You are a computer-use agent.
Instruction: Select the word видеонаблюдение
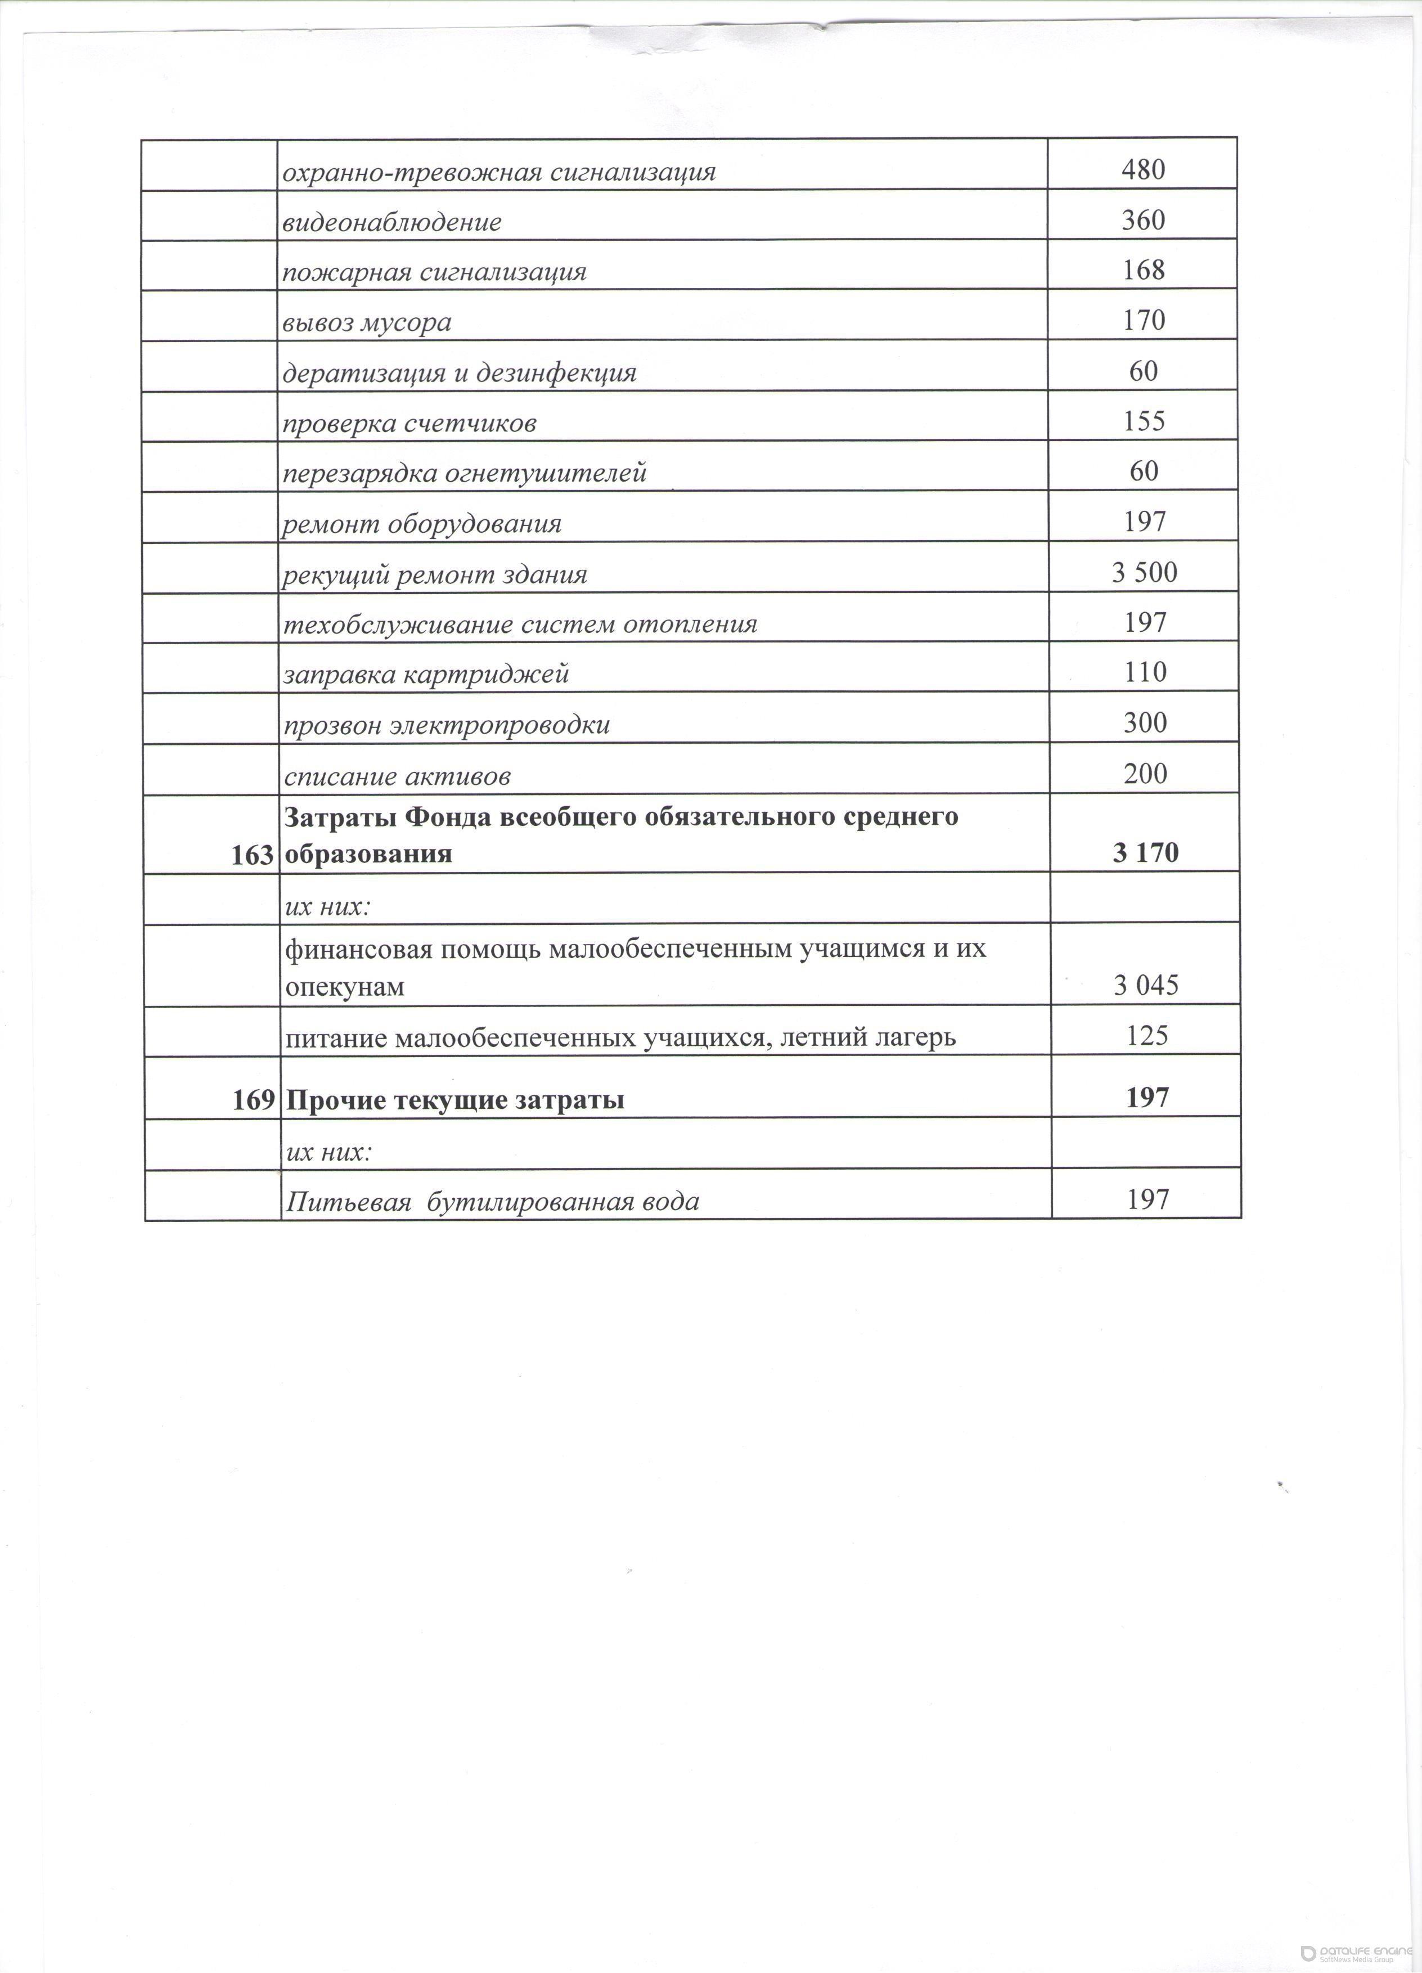[x=391, y=222]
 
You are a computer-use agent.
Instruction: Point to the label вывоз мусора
[x=367, y=323]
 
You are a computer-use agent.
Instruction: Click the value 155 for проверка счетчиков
[x=1144, y=421]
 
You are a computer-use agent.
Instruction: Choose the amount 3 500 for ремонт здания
[x=1144, y=572]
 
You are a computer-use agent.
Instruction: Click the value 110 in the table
[x=1145, y=672]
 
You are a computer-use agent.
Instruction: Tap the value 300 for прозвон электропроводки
[x=1145, y=722]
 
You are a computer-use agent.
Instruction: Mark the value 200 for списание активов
[x=1145, y=774]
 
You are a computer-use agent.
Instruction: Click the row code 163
[x=252, y=855]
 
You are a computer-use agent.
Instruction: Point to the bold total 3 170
[x=1145, y=852]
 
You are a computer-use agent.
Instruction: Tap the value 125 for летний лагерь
[x=1146, y=1035]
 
